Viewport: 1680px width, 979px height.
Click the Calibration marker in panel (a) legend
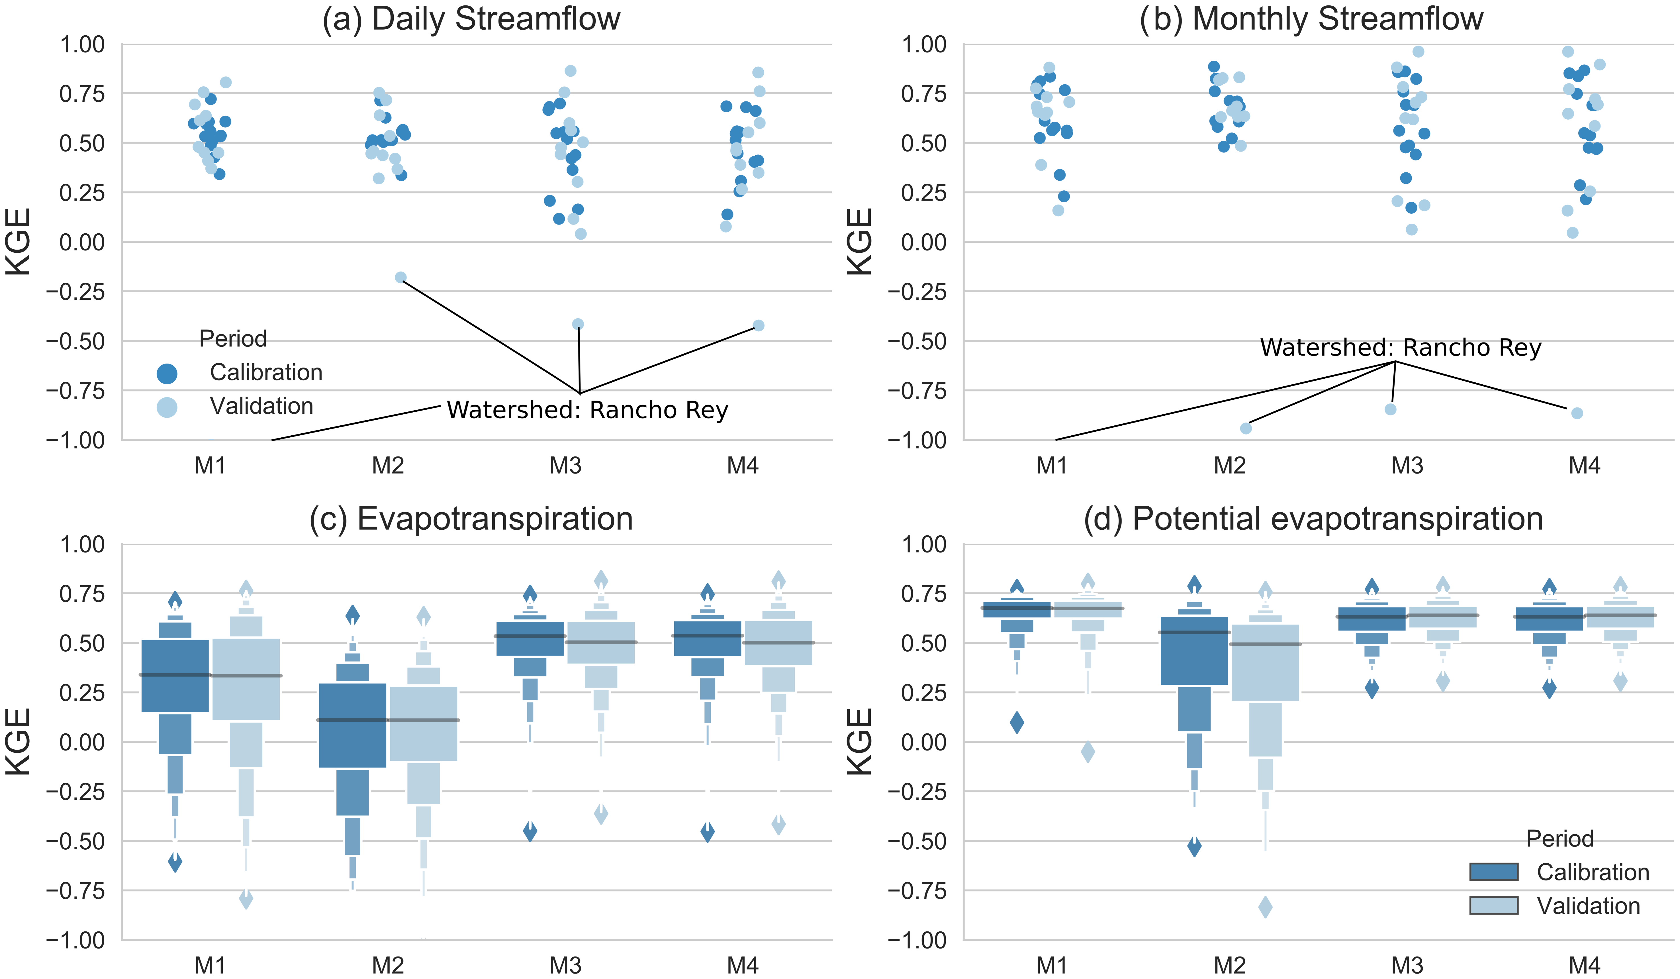click(167, 374)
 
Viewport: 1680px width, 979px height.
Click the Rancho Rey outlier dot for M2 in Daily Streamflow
click(401, 278)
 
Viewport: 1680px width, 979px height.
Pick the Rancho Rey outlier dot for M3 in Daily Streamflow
click(578, 324)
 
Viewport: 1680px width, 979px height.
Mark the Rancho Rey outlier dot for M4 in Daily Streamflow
click(759, 325)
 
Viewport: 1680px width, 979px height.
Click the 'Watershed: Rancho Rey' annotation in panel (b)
click(1400, 348)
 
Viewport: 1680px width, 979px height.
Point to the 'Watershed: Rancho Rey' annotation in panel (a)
click(587, 410)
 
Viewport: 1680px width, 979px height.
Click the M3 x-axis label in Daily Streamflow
click(565, 466)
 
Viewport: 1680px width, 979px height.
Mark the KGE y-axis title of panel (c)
click(19, 742)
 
